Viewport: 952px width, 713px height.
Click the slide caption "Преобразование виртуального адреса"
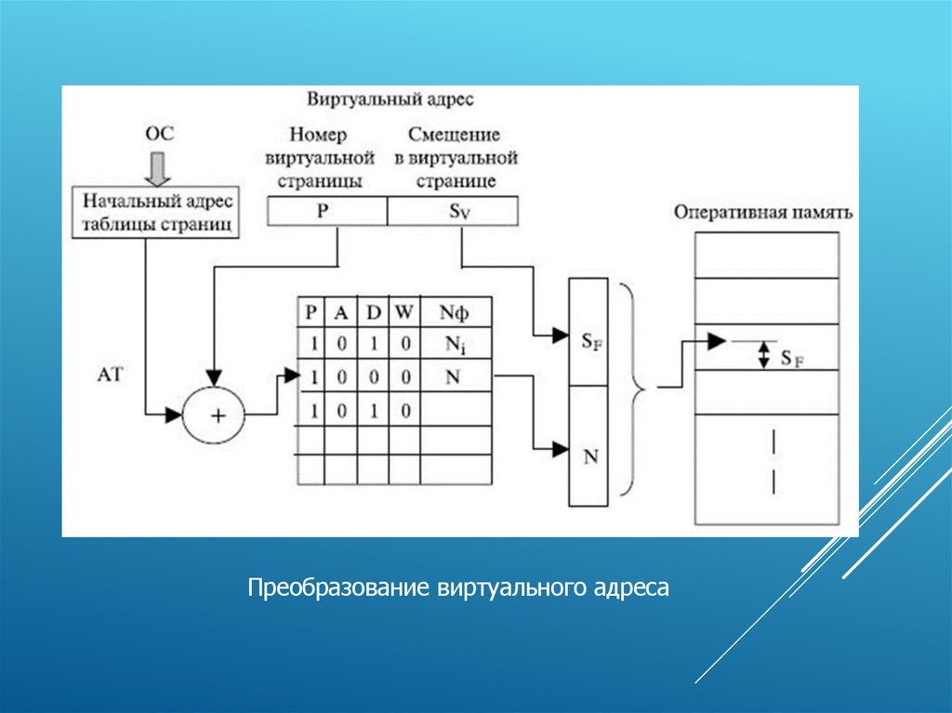(457, 588)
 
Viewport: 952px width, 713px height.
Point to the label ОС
(159, 134)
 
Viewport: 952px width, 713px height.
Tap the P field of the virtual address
(324, 211)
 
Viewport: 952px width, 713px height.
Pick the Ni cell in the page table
(456, 343)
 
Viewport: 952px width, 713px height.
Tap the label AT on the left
(110, 374)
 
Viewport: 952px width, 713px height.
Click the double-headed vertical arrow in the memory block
(764, 354)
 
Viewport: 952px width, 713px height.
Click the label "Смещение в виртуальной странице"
(456, 156)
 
